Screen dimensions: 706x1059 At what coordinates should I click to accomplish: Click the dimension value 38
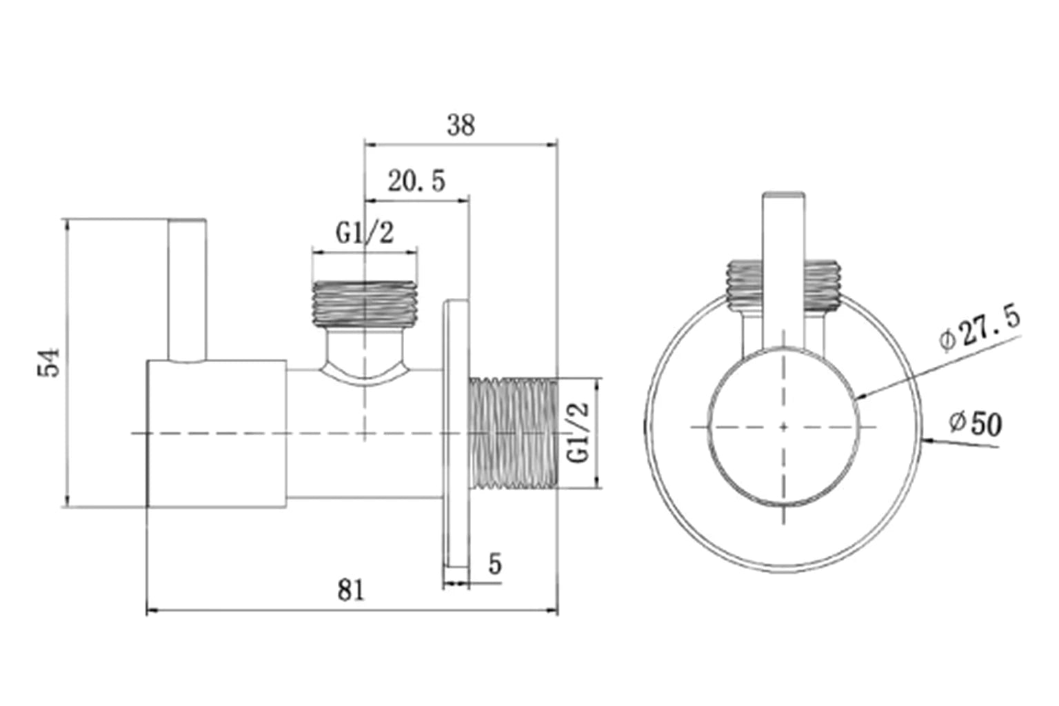point(461,126)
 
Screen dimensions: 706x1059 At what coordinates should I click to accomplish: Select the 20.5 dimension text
point(416,182)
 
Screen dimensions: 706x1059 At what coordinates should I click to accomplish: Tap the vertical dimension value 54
point(50,363)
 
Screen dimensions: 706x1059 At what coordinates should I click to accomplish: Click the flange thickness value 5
point(495,564)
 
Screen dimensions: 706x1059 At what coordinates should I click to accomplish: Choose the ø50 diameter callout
point(975,423)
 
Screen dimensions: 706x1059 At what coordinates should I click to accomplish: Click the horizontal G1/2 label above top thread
point(365,234)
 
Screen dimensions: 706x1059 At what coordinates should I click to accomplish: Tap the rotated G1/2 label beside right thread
point(578,432)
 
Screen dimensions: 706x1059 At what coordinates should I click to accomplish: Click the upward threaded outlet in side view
point(364,303)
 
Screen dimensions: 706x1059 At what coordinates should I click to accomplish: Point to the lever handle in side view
point(187,290)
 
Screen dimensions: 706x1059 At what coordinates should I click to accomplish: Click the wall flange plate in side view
point(456,441)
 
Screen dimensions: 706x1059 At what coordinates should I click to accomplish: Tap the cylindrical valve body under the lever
point(216,433)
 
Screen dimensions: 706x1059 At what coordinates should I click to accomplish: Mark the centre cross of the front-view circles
point(784,427)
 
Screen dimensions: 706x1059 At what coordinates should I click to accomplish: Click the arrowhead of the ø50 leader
point(926,439)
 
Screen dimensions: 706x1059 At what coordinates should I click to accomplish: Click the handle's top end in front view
point(784,196)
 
